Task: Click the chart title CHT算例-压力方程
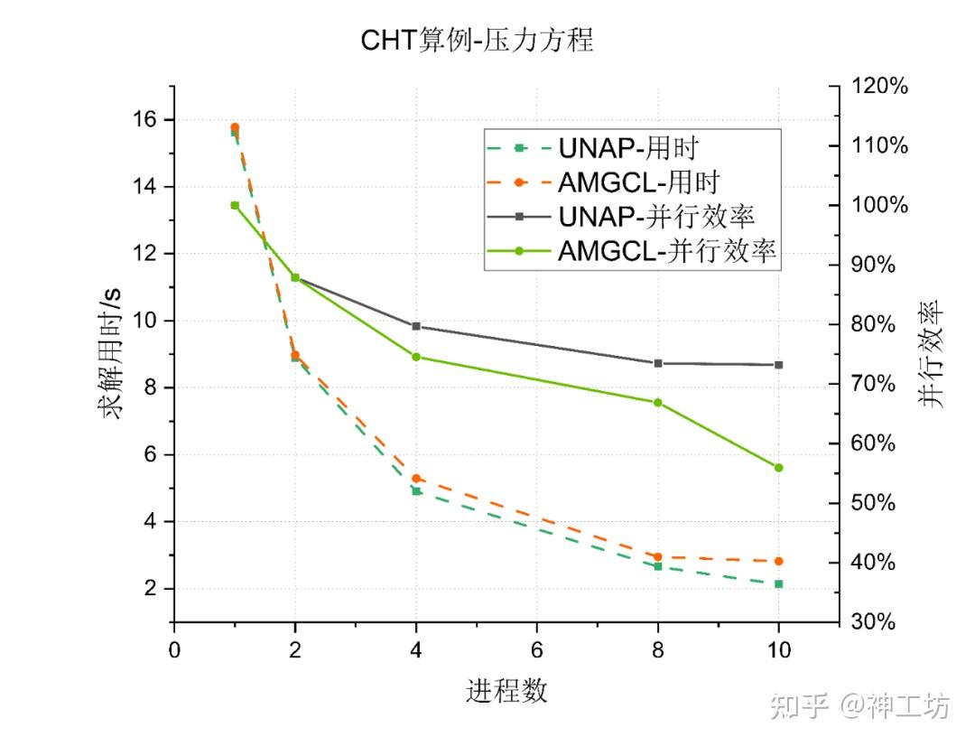[x=478, y=41]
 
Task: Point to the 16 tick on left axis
[x=145, y=120]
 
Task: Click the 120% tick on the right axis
[x=879, y=87]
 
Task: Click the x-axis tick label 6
[x=537, y=650]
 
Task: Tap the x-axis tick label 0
[x=174, y=650]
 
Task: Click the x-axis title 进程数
[x=506, y=692]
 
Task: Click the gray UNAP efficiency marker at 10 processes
[x=778, y=365]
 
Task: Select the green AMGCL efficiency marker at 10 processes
[x=778, y=468]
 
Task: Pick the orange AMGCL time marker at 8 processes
[x=657, y=557]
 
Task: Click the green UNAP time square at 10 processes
[x=778, y=584]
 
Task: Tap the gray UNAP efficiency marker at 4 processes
[x=416, y=326]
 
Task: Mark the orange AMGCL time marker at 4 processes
[x=416, y=479]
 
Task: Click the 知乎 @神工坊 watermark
[x=859, y=705]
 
